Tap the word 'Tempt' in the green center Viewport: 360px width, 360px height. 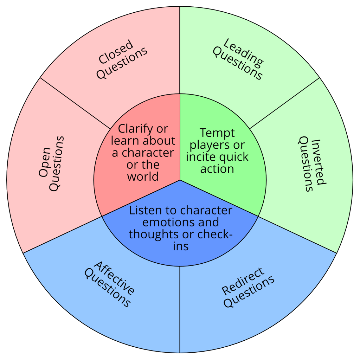click(x=217, y=133)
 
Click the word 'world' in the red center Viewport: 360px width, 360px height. click(x=143, y=176)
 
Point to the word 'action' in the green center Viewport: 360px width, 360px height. click(x=217, y=169)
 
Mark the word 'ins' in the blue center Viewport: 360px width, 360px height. click(x=180, y=246)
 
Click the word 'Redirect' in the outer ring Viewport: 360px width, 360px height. click(x=243, y=282)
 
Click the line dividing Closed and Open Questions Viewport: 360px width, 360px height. click(x=75, y=103)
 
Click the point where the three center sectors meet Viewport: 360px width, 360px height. click(x=180, y=180)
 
